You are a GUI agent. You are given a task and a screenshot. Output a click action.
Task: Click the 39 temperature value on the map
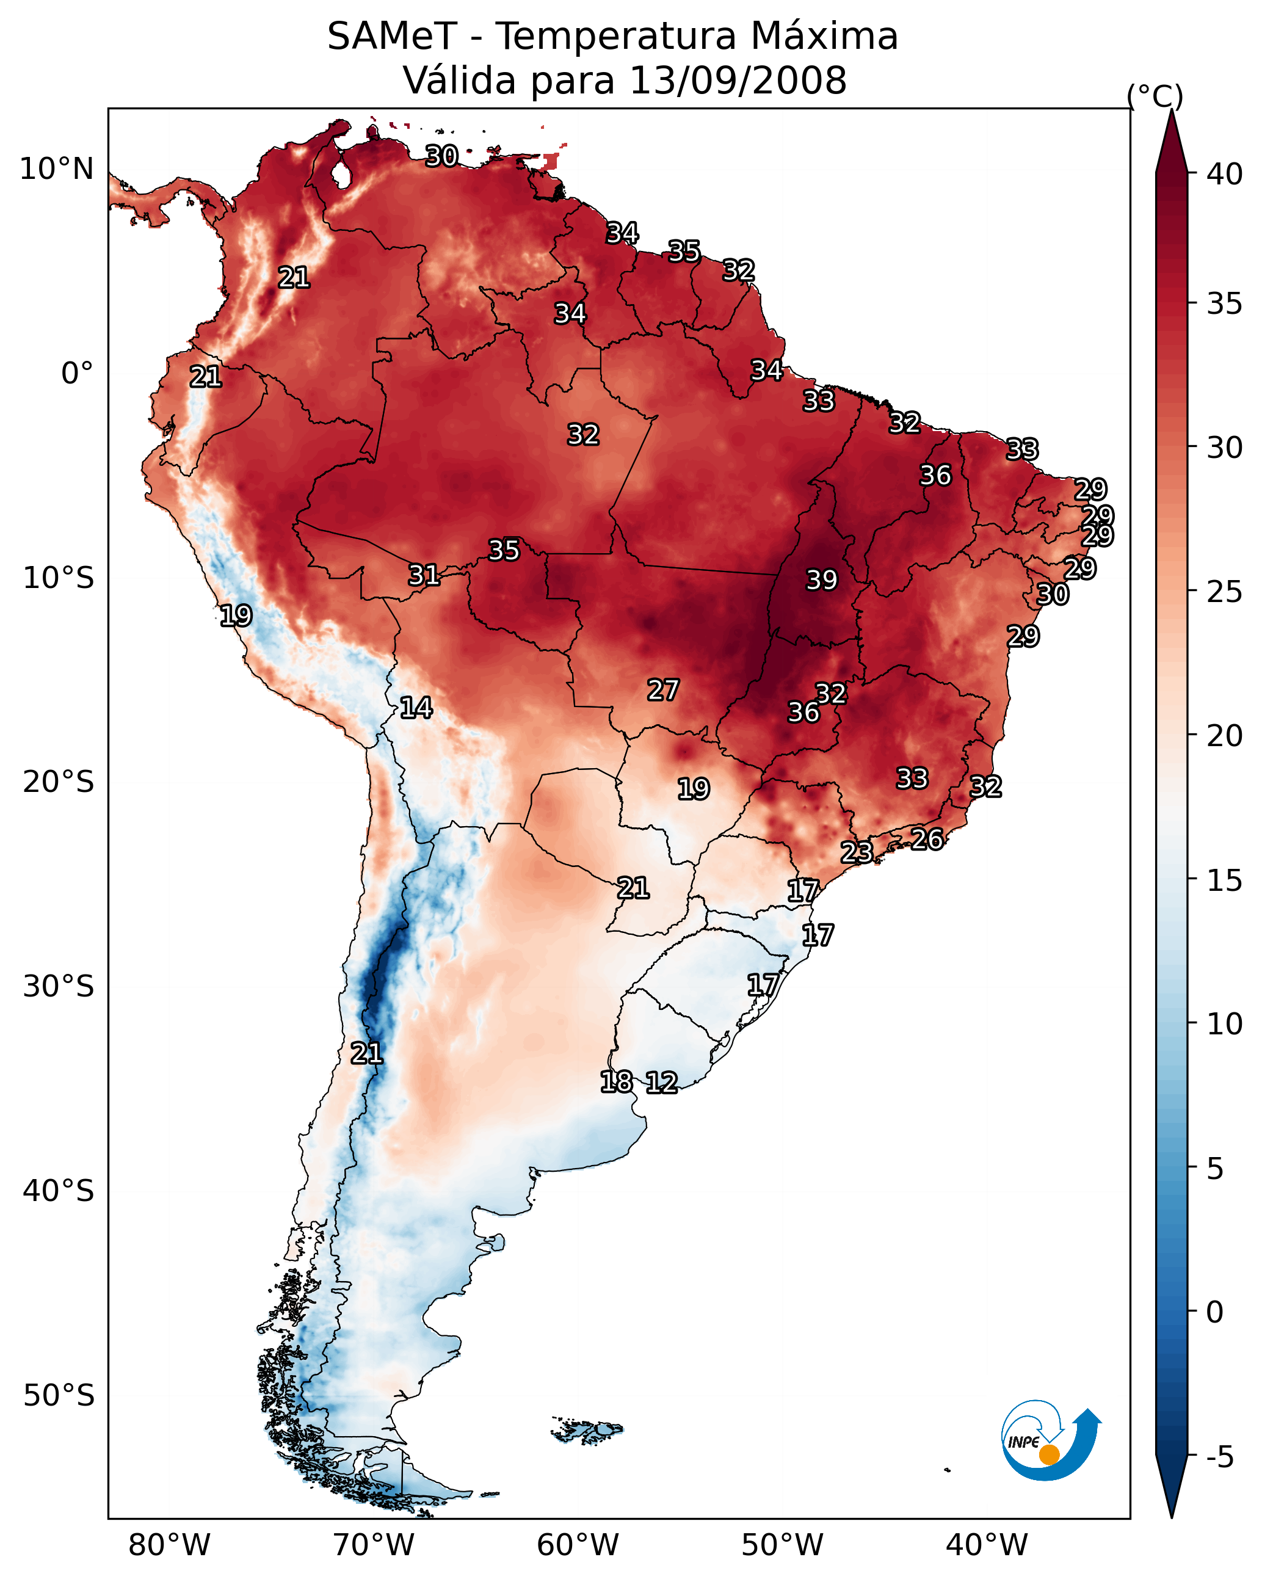(x=821, y=579)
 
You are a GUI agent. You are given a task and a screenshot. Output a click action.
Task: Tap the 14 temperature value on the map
(x=416, y=708)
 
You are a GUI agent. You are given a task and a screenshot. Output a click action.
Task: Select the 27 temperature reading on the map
(x=663, y=689)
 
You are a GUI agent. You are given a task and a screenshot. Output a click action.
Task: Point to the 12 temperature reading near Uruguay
(x=661, y=1082)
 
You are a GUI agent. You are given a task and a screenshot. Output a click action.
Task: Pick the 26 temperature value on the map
(x=927, y=840)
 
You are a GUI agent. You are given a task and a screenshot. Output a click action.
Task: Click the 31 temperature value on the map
(x=424, y=575)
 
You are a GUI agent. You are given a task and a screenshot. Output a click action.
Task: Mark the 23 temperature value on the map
(x=856, y=852)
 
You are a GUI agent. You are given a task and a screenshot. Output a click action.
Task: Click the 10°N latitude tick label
(x=56, y=169)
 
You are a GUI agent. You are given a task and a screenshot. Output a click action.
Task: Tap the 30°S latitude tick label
(x=59, y=987)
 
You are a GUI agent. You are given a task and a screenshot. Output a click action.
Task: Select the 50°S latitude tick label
(x=59, y=1395)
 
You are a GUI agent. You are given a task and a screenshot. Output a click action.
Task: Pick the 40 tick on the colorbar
(x=1225, y=174)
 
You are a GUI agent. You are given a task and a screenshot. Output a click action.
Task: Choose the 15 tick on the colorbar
(x=1225, y=880)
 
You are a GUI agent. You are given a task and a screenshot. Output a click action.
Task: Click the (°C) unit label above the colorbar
(x=1155, y=96)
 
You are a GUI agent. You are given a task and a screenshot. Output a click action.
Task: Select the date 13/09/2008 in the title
(x=738, y=80)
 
